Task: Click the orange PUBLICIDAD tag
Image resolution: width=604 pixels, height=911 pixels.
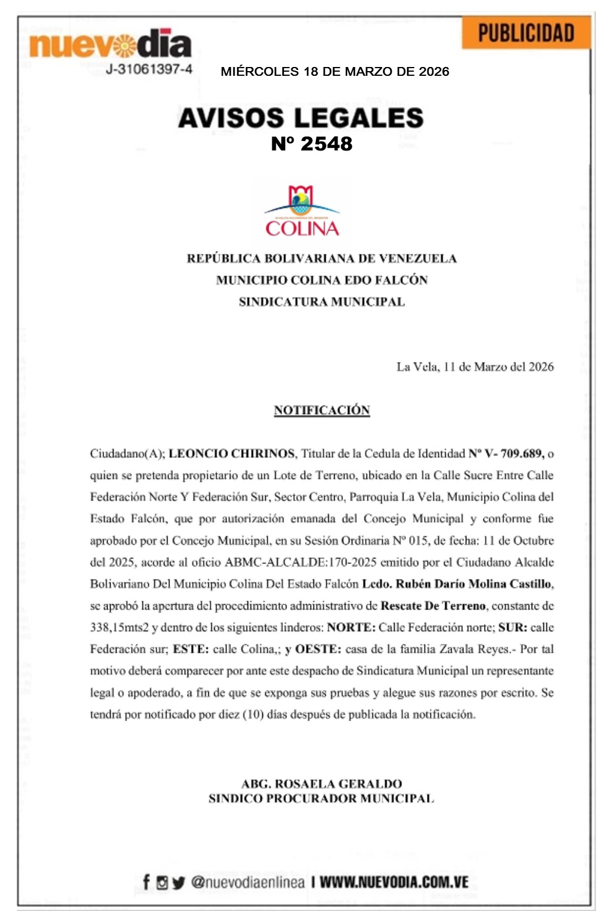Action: (526, 34)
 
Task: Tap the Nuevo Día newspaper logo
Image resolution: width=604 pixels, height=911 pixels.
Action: (110, 45)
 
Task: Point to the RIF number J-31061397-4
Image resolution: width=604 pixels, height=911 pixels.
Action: (149, 69)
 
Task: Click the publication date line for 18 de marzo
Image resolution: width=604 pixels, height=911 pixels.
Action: (335, 72)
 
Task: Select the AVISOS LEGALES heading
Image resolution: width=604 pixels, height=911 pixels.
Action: (301, 118)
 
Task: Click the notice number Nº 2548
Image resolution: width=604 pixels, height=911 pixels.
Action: (311, 144)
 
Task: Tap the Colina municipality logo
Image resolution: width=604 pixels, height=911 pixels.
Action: (302, 212)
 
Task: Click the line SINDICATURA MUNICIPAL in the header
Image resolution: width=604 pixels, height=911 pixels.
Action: (322, 302)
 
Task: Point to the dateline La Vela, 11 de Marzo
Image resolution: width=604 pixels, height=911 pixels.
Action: (475, 367)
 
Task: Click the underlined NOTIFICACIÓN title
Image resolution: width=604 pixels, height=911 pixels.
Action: (322, 410)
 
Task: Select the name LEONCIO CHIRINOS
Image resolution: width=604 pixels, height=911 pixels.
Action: (232, 454)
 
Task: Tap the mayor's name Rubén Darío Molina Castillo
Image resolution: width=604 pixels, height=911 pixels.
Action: (474, 584)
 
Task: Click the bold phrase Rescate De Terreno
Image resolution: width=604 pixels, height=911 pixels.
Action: (433, 606)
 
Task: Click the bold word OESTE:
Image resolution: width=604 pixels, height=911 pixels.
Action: (318, 649)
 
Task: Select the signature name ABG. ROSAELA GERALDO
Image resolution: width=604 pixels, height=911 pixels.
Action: (322, 783)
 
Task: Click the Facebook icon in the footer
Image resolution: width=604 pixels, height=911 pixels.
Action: (146, 882)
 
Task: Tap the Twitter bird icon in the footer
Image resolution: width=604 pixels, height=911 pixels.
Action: (179, 882)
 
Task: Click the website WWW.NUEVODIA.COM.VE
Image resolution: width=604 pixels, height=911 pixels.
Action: (394, 882)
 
